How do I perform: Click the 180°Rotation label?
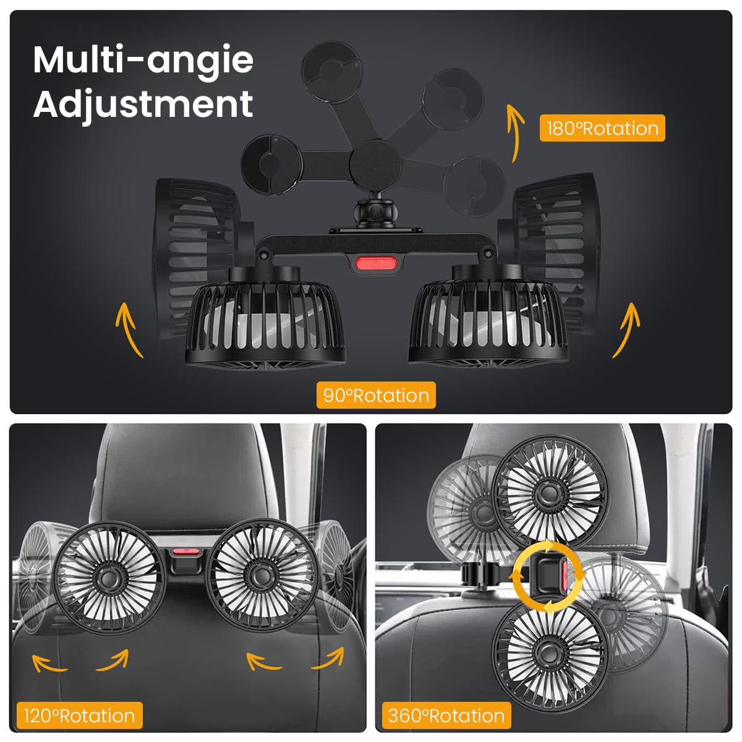click(x=602, y=128)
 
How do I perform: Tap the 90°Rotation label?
click(x=376, y=395)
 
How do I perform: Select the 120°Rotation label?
click(x=79, y=715)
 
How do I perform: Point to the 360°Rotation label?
click(x=446, y=715)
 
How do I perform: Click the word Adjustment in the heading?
click(x=143, y=103)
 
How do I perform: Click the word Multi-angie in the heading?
click(x=143, y=60)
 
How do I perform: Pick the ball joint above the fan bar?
click(x=370, y=213)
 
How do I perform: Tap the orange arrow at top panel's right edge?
click(x=626, y=329)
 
